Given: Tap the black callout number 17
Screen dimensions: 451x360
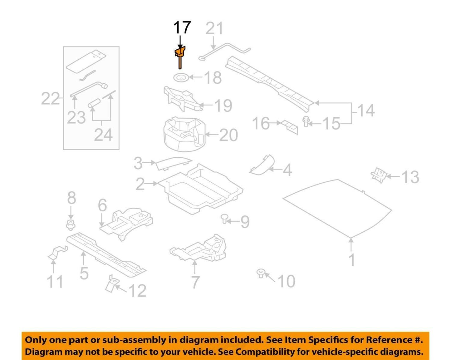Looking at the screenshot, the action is [x=182, y=27].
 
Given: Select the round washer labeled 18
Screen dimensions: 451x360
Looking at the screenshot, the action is [x=181, y=78].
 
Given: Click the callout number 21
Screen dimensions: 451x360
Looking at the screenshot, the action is [x=214, y=28].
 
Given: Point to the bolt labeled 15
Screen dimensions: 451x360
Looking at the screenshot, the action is [x=305, y=121].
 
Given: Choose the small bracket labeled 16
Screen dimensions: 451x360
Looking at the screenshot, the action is [x=290, y=127].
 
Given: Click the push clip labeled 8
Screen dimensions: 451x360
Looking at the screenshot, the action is [x=71, y=225].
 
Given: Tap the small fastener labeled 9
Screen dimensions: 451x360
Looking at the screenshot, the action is [x=224, y=219].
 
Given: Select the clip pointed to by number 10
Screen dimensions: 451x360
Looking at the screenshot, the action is [x=261, y=273].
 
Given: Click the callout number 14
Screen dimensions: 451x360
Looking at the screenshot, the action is [x=366, y=110].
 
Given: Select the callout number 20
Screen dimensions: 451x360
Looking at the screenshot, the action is [x=228, y=135].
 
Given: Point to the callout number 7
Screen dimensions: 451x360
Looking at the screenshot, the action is [x=195, y=282].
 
